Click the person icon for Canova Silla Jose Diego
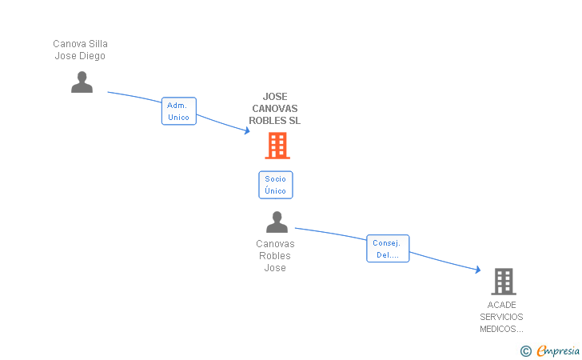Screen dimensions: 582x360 tap(82, 82)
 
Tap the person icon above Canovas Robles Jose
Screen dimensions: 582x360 tap(277, 222)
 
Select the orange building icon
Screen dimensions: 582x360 tap(277, 146)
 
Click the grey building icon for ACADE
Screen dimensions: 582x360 tap(503, 282)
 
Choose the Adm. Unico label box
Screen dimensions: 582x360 tap(178, 111)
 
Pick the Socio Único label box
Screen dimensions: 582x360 tap(275, 185)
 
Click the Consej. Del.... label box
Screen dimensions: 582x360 tap(388, 249)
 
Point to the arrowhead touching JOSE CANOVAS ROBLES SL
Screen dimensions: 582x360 tap(246, 130)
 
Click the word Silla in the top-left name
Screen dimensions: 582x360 tap(98, 44)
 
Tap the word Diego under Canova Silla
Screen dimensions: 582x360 tap(93, 56)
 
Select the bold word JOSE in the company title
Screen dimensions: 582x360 tap(275, 97)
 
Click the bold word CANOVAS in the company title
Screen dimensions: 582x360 tap(275, 109)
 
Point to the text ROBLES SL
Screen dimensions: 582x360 tap(275, 121)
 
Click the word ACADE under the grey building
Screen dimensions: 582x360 tap(502, 305)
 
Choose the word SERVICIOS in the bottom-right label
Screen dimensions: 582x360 tap(502, 317)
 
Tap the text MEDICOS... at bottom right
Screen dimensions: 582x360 tap(502, 329)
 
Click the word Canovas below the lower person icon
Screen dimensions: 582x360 tap(275, 244)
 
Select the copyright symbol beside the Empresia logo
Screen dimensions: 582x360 tap(525, 350)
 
